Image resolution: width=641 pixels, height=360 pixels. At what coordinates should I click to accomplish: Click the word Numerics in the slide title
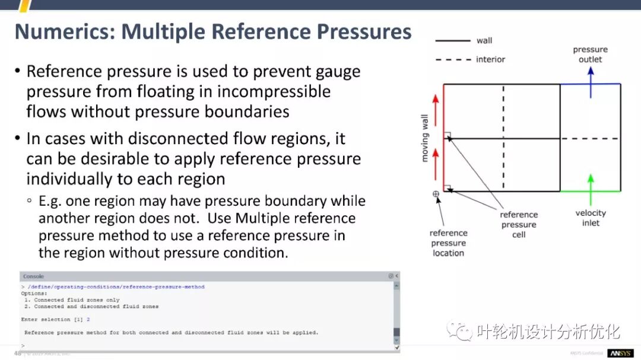(63, 32)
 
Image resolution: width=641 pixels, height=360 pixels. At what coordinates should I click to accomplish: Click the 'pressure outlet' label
(590, 55)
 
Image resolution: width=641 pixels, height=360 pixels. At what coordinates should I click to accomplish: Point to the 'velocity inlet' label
(591, 218)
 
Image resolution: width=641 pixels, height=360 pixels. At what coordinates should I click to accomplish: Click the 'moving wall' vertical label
(425, 138)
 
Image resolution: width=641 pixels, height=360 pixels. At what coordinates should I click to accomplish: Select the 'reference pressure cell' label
(519, 225)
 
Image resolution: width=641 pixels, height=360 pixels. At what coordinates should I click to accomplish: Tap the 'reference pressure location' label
(449, 243)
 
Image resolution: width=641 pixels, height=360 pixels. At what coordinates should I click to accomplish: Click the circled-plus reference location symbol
(436, 194)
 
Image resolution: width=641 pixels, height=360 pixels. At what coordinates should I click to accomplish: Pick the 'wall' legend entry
(484, 41)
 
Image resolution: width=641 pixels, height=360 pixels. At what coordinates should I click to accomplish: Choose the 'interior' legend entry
(490, 59)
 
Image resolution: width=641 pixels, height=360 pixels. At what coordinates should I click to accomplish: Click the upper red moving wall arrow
(436, 107)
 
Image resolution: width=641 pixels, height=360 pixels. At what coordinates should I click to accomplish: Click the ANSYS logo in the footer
(620, 353)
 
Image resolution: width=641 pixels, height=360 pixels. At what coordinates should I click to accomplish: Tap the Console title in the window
(33, 276)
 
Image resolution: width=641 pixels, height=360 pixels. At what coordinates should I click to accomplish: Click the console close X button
(396, 276)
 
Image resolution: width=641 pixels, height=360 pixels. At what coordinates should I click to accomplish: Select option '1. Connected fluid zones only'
(72, 300)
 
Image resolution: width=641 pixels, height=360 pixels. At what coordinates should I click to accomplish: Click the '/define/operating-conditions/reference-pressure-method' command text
(116, 287)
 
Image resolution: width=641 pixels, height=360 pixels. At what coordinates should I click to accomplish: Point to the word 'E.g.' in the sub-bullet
(51, 201)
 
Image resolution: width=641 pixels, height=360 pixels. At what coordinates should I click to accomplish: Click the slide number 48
(18, 353)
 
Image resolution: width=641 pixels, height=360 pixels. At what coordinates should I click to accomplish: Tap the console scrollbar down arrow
(396, 347)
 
